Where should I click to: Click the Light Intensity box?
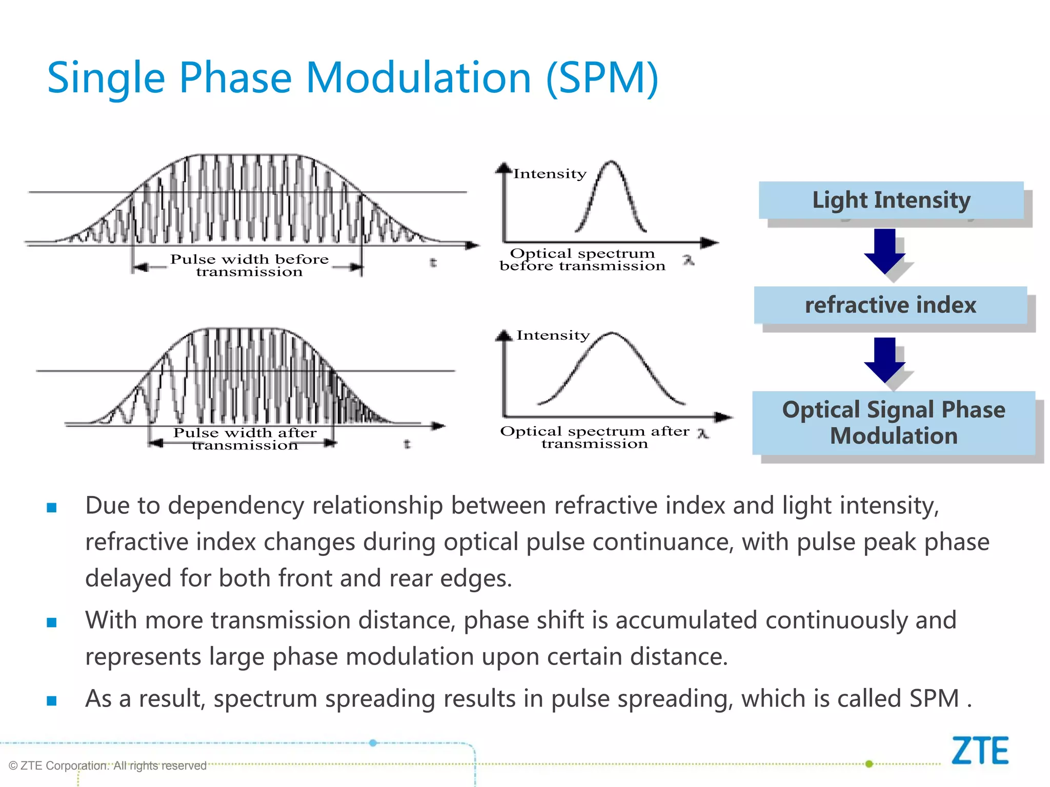coord(891,200)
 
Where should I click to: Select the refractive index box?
coord(891,305)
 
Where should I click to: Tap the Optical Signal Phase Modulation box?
coord(894,423)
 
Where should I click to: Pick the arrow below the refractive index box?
coord(884,359)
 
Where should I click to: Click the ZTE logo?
coord(980,751)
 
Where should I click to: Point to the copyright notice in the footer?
coord(108,765)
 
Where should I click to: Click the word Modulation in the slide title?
coord(418,78)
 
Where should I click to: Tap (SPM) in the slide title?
coord(602,78)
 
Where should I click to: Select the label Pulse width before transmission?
coord(249,265)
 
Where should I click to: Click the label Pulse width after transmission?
coord(245,439)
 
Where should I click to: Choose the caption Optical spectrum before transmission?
coord(582,260)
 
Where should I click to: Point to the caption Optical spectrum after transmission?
coord(595,438)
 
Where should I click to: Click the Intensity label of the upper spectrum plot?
coord(550,174)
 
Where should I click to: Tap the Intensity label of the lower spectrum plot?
coord(553,336)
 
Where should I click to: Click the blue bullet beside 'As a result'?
coord(52,700)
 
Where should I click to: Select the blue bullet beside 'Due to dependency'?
coord(52,508)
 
